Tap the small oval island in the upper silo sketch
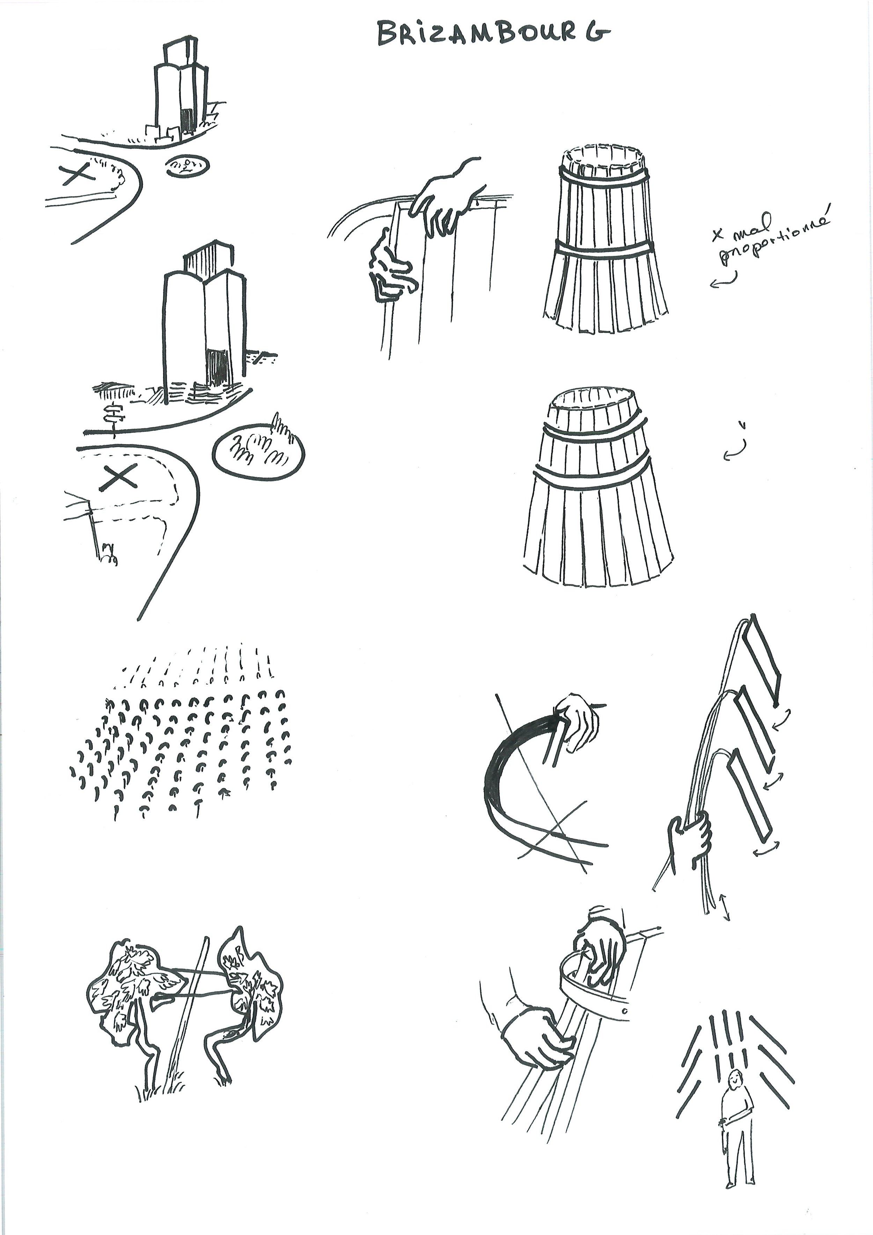[x=187, y=166]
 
